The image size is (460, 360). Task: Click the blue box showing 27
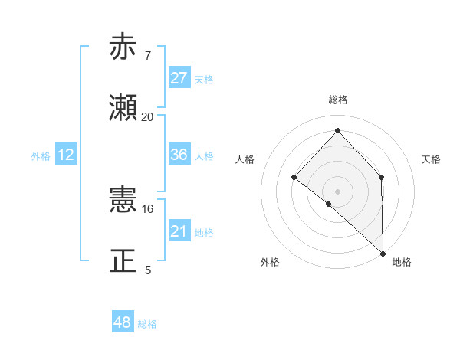pyautogui.click(x=179, y=78)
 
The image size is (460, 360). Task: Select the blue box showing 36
pyautogui.click(x=179, y=155)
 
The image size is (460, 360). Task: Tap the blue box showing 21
pyautogui.click(x=179, y=231)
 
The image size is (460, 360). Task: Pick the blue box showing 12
pyautogui.click(x=66, y=155)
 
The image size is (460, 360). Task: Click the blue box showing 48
pyautogui.click(x=123, y=322)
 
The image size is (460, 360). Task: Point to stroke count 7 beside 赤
pyautogui.click(x=148, y=56)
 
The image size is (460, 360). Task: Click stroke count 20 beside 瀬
pyautogui.click(x=148, y=117)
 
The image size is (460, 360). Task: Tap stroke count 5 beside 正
pyautogui.click(x=148, y=270)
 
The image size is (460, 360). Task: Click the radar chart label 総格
pyautogui.click(x=337, y=100)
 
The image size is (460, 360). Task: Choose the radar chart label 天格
pyautogui.click(x=431, y=159)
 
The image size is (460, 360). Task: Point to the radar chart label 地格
pyautogui.click(x=402, y=263)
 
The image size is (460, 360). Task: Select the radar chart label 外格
pyautogui.click(x=270, y=263)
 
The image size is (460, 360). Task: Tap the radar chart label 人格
pyautogui.click(x=245, y=159)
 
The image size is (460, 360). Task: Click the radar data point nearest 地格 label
pyautogui.click(x=382, y=252)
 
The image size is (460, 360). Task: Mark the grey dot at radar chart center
pyautogui.click(x=337, y=191)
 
